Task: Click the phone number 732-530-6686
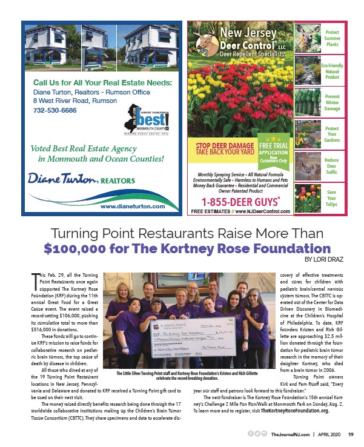pos(50,111)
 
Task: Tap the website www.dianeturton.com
pos(133,207)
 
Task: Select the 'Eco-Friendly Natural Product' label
pos(332,71)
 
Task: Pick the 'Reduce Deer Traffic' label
pos(332,165)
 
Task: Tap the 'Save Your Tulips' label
pos(332,198)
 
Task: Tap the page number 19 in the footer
pos(350,434)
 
